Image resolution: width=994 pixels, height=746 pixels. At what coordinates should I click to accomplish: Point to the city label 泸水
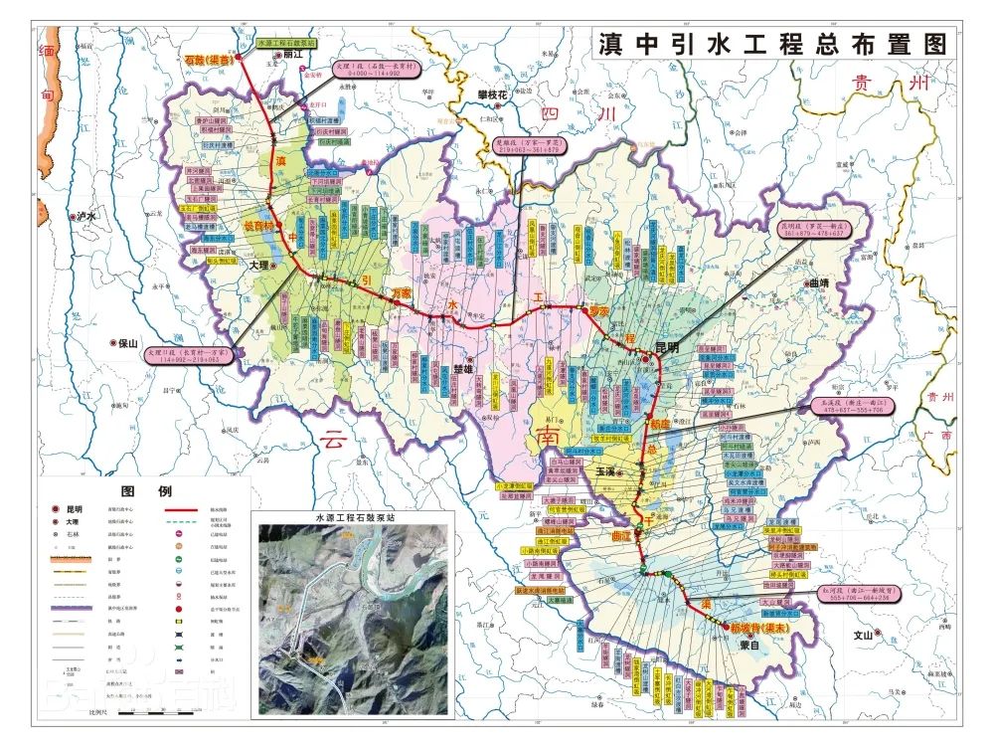pyautogui.click(x=88, y=216)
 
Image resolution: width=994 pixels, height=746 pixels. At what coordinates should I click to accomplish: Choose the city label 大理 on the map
pyautogui.click(x=258, y=267)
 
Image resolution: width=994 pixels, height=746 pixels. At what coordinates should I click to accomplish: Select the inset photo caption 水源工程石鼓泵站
pyautogui.click(x=353, y=518)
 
